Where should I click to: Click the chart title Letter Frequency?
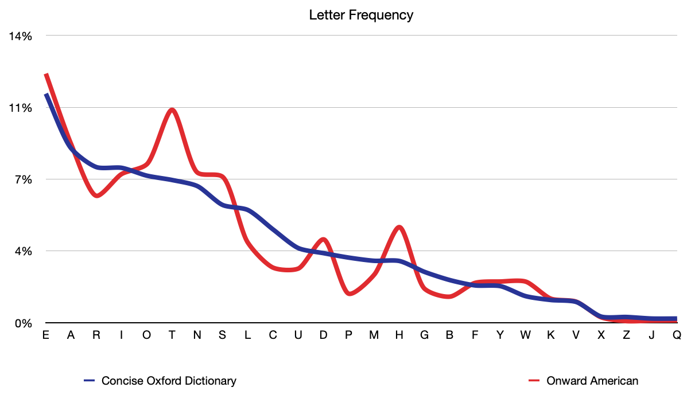(x=361, y=15)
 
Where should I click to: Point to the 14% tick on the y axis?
(x=20, y=36)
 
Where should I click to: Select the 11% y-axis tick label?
(x=20, y=108)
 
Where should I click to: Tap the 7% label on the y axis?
(x=22, y=179)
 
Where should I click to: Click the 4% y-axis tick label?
(x=22, y=251)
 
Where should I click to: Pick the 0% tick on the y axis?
(x=22, y=323)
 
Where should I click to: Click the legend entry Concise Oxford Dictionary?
(x=169, y=381)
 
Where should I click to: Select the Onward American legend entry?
(x=592, y=381)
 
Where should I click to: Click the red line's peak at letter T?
(x=172, y=109)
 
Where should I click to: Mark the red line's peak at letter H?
(x=399, y=228)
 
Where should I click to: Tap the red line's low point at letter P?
(x=350, y=294)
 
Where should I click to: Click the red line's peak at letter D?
(x=323, y=239)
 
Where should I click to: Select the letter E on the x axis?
(x=45, y=335)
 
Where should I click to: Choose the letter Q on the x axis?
(x=677, y=335)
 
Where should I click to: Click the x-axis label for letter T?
(x=172, y=335)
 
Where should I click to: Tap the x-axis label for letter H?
(x=399, y=335)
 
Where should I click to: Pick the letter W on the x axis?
(x=525, y=335)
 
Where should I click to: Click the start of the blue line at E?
(x=46, y=94)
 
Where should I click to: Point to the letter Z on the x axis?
(x=626, y=335)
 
